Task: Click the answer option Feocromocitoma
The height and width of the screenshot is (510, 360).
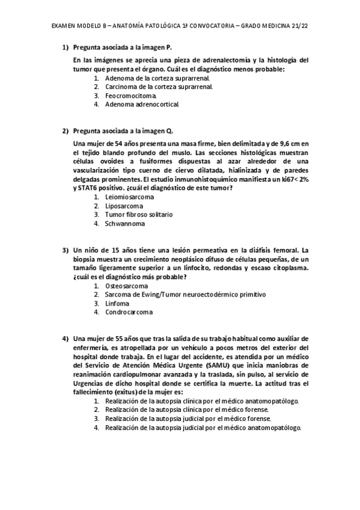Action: [130, 95]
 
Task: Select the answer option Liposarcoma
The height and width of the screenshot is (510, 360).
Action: [124, 206]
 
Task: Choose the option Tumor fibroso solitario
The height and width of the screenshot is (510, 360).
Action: [138, 214]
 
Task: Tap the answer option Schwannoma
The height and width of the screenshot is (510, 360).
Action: [125, 223]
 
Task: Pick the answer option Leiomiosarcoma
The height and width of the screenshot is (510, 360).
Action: [129, 197]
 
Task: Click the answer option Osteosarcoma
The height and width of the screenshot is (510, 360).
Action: [126, 286]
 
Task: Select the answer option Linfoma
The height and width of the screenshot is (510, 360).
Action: [117, 303]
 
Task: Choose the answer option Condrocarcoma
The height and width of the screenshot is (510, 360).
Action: [129, 312]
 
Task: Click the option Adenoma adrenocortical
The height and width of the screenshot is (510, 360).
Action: [141, 104]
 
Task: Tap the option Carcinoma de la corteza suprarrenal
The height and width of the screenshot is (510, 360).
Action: [159, 87]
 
